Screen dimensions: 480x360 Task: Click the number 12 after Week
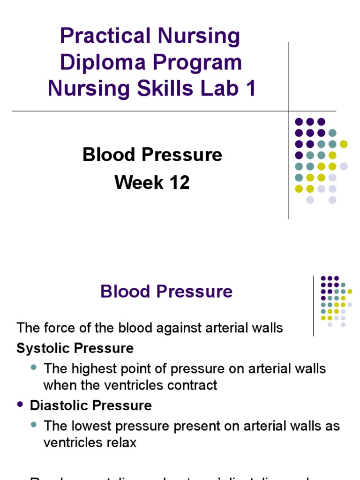click(180, 182)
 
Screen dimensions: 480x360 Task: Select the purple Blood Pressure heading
click(166, 292)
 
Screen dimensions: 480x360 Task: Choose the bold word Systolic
click(42, 348)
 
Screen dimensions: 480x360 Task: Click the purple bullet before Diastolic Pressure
click(20, 405)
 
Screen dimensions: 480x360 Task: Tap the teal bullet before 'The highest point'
click(34, 368)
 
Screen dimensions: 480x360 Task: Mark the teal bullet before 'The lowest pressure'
click(34, 426)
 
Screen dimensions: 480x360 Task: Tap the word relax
click(120, 443)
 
